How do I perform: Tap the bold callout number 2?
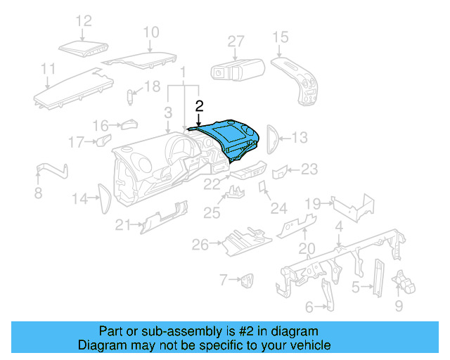(199, 106)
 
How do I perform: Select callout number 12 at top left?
(84, 21)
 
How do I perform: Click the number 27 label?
(236, 41)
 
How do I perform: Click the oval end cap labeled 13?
(271, 138)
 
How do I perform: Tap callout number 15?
(280, 37)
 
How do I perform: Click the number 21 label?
(124, 225)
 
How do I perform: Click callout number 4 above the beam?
(339, 226)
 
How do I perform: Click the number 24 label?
(279, 209)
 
